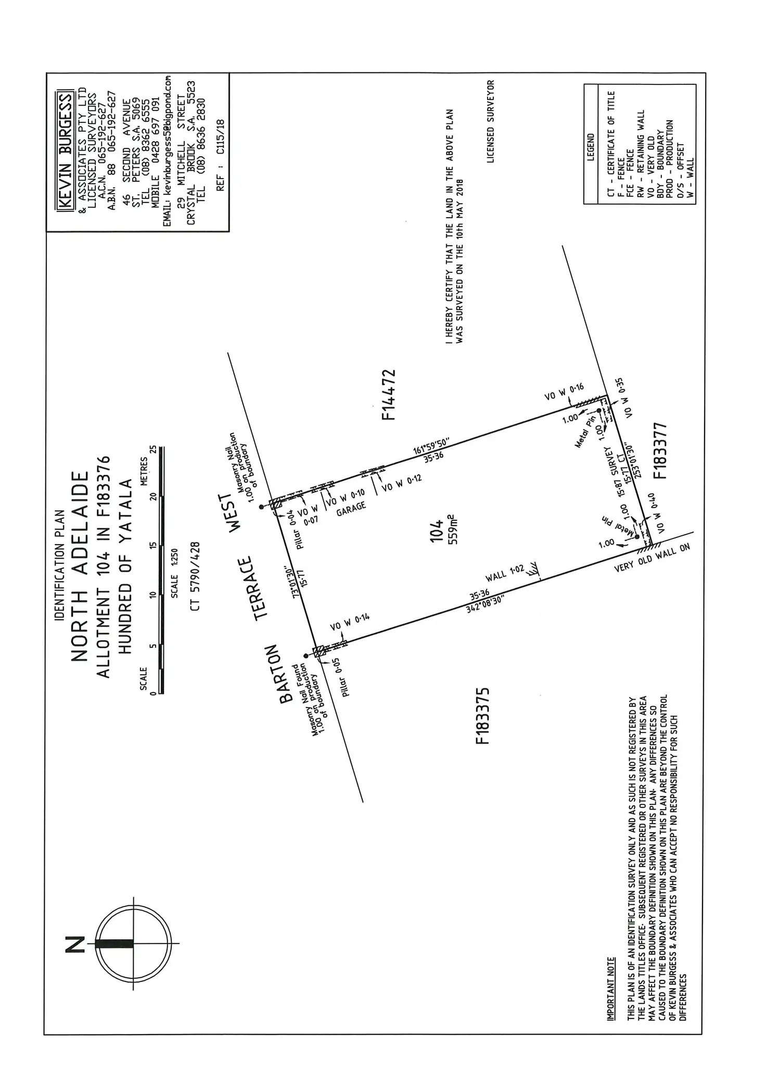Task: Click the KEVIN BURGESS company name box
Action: click(x=66, y=151)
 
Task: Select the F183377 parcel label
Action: click(x=659, y=450)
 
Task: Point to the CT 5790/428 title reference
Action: click(x=196, y=576)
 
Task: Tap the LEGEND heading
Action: click(x=590, y=147)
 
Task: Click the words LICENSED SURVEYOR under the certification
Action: click(x=490, y=121)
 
